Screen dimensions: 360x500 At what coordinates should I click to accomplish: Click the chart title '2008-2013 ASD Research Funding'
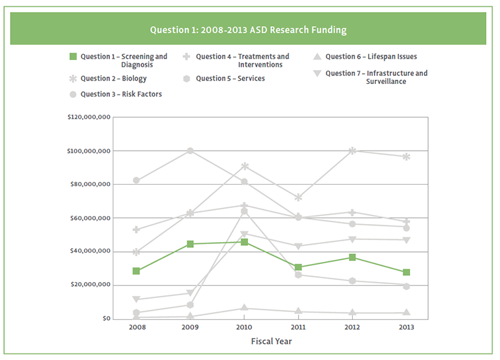pos(248,30)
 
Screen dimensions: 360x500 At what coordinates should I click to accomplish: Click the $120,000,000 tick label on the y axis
pos(89,117)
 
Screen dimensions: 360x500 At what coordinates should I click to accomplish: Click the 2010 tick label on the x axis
pos(244,327)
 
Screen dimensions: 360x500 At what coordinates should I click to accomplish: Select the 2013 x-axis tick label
pos(405,327)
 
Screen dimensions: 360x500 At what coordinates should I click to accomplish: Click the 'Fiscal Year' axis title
pos(271,341)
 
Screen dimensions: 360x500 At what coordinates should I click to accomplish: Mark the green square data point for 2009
pos(190,244)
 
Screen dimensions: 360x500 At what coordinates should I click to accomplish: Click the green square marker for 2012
pos(353,257)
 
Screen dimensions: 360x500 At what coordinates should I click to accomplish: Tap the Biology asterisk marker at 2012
pos(353,151)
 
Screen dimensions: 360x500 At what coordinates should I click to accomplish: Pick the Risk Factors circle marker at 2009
pos(190,151)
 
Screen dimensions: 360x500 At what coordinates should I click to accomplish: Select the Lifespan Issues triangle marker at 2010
pos(244,308)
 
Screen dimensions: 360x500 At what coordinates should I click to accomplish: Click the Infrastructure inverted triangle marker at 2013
pos(406,240)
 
